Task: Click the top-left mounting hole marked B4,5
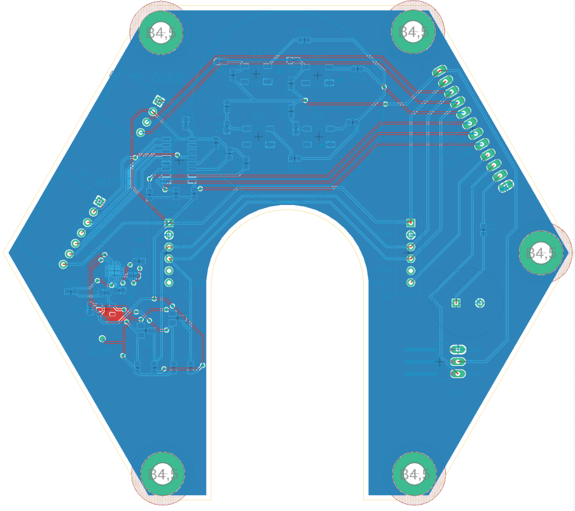click(x=156, y=31)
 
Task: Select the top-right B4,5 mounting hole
click(x=412, y=31)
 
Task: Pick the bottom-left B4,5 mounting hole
click(x=162, y=474)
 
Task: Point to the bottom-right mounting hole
click(x=413, y=474)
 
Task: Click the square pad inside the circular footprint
click(x=455, y=303)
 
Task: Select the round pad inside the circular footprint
click(x=480, y=303)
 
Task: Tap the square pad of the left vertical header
click(x=169, y=223)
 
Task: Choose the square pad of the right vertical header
click(x=411, y=223)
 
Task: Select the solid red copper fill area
click(x=113, y=314)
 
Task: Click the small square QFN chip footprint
click(x=114, y=271)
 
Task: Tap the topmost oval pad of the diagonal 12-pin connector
click(x=440, y=71)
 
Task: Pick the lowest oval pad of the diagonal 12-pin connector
click(x=506, y=186)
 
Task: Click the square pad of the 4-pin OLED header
click(x=158, y=101)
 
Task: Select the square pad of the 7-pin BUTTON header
click(x=99, y=202)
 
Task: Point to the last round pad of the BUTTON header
click(x=63, y=264)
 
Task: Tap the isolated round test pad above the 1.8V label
click(x=102, y=339)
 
